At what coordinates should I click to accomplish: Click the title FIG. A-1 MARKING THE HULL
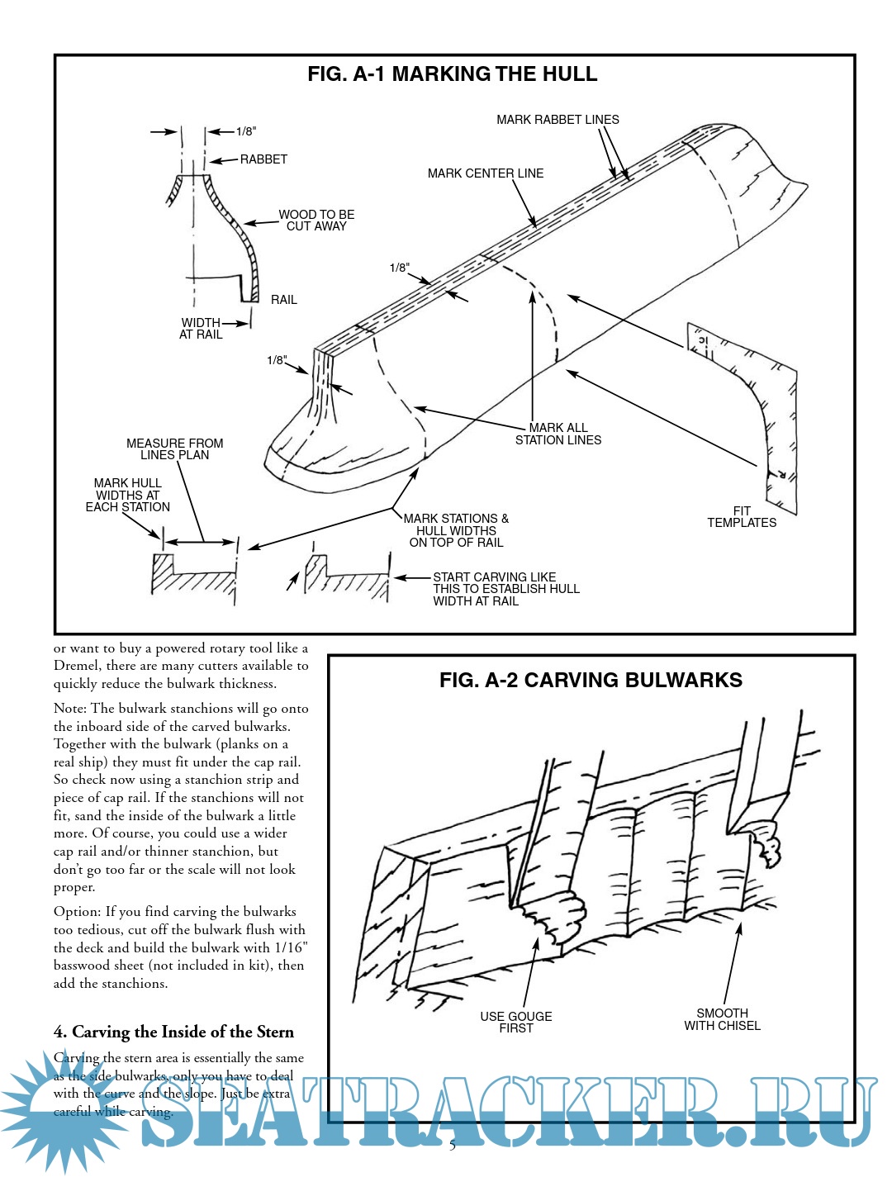click(452, 74)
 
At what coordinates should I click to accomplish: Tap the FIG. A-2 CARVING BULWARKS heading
click(591, 681)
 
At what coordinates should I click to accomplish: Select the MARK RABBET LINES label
click(557, 120)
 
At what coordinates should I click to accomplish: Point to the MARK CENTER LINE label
click(486, 173)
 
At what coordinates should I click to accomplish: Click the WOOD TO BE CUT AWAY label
click(316, 220)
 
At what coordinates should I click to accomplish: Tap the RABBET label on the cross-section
click(263, 159)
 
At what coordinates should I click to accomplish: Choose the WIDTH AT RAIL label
click(201, 329)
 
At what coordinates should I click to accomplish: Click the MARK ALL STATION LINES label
click(558, 434)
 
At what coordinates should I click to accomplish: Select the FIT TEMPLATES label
click(742, 517)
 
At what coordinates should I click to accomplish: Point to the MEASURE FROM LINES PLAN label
click(174, 449)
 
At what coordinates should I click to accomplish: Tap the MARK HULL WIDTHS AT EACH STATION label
click(128, 495)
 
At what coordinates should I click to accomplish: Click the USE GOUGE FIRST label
click(516, 1023)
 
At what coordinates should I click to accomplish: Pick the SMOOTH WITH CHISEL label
click(722, 1019)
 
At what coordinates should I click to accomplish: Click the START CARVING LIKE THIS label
click(505, 589)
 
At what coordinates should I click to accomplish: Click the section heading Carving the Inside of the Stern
click(173, 1032)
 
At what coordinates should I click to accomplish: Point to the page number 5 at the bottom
click(452, 1146)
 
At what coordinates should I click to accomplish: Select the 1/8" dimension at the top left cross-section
click(246, 131)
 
